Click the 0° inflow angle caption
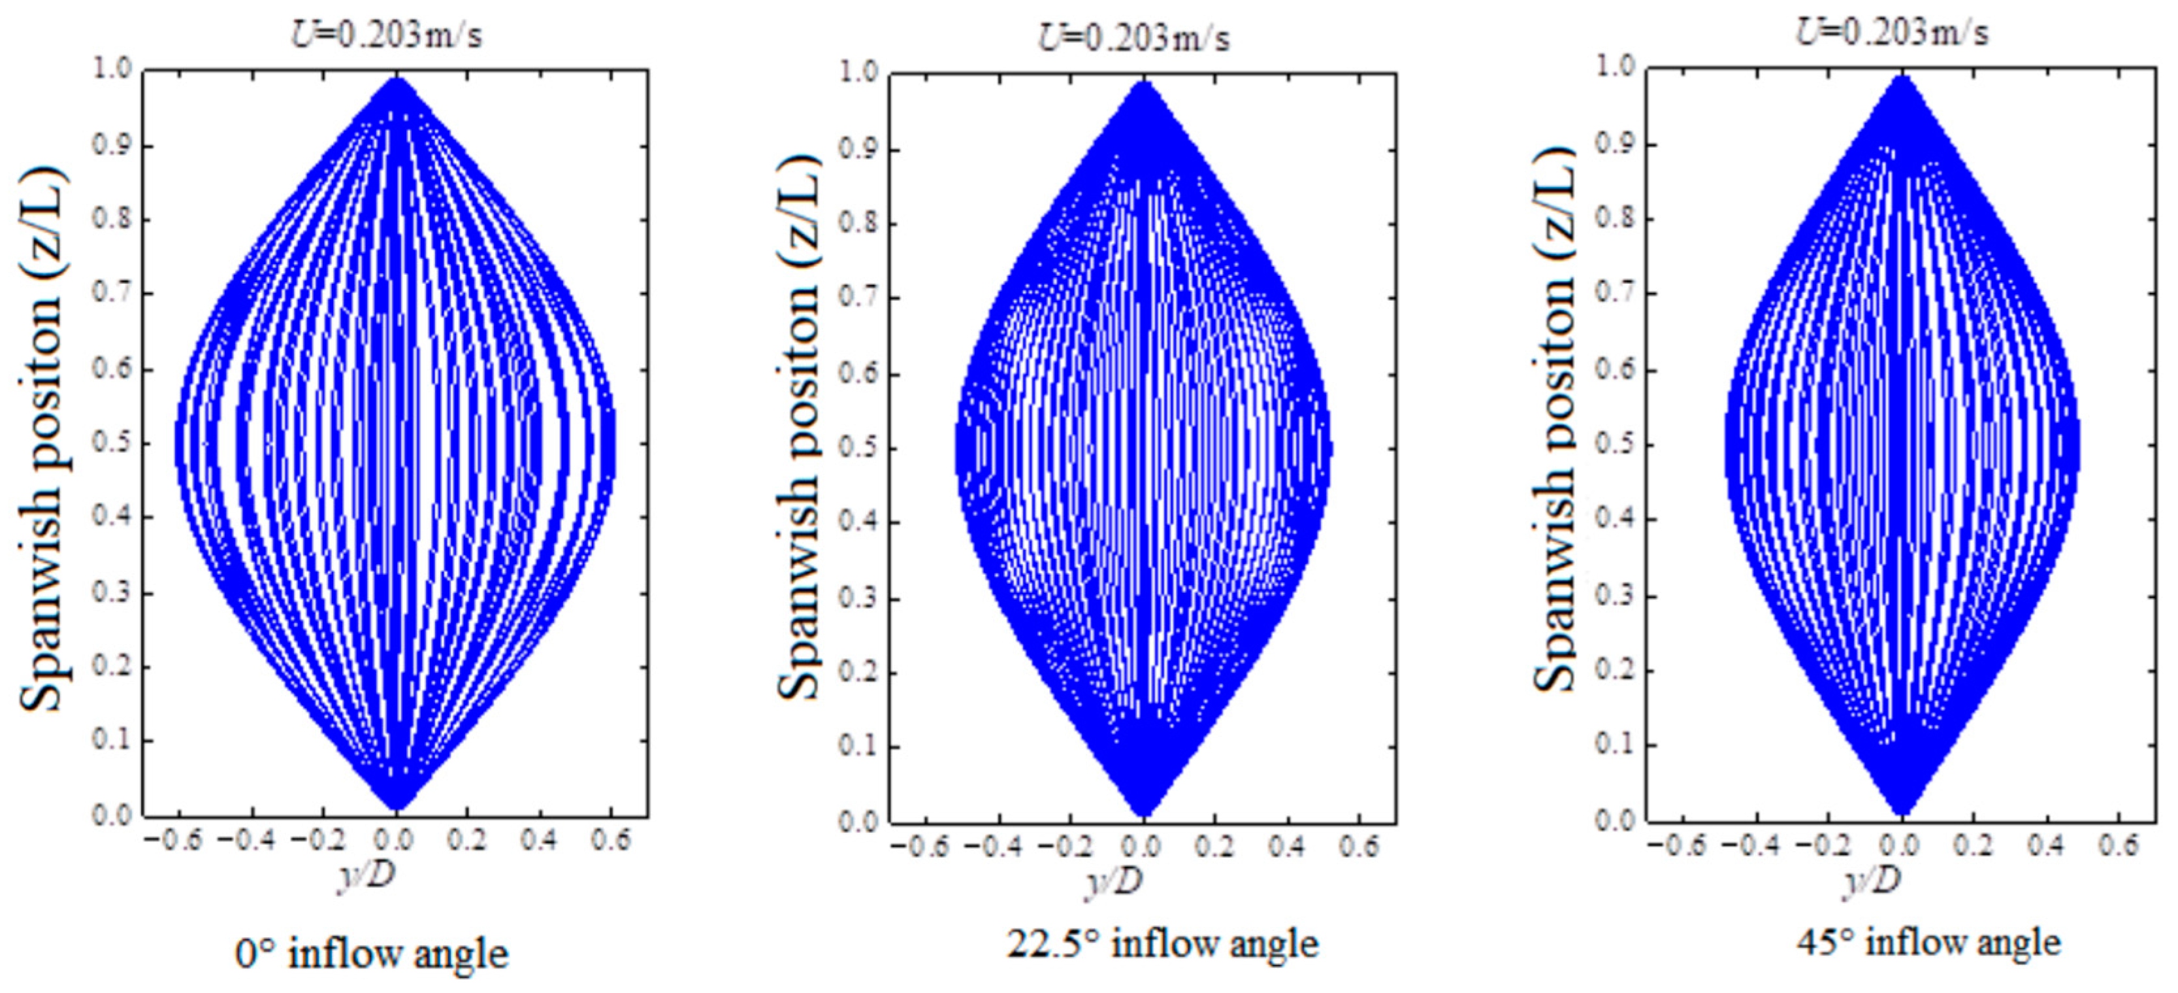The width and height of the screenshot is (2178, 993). pos(372,954)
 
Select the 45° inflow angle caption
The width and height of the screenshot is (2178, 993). pos(1928,942)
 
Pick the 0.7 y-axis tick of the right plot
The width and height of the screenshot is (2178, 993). pos(1615,294)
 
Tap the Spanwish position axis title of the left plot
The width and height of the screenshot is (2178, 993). pos(42,440)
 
